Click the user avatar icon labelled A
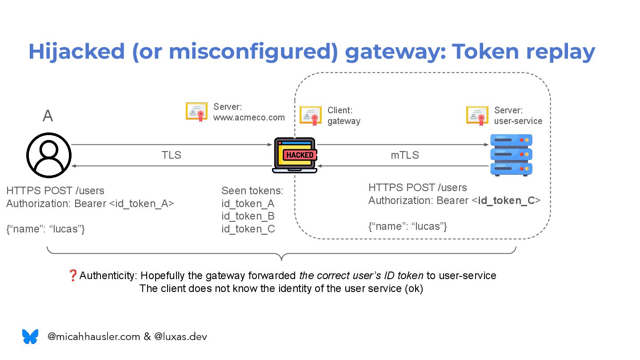tap(49, 155)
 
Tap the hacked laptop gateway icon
tap(295, 155)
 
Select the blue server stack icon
tap(511, 155)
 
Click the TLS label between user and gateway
tap(171, 155)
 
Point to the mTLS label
tap(404, 155)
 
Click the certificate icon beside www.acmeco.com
tap(196, 112)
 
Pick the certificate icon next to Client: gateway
tap(311, 115)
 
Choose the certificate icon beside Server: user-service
tap(477, 115)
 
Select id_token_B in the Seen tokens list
tap(248, 216)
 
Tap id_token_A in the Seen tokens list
tap(248, 204)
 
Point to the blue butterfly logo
tap(30, 336)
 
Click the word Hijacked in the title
tap(76, 52)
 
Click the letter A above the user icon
tap(48, 116)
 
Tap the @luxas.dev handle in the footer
tap(180, 336)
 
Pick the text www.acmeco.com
tap(249, 117)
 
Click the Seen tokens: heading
tap(252, 191)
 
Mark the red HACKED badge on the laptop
tap(300, 155)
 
